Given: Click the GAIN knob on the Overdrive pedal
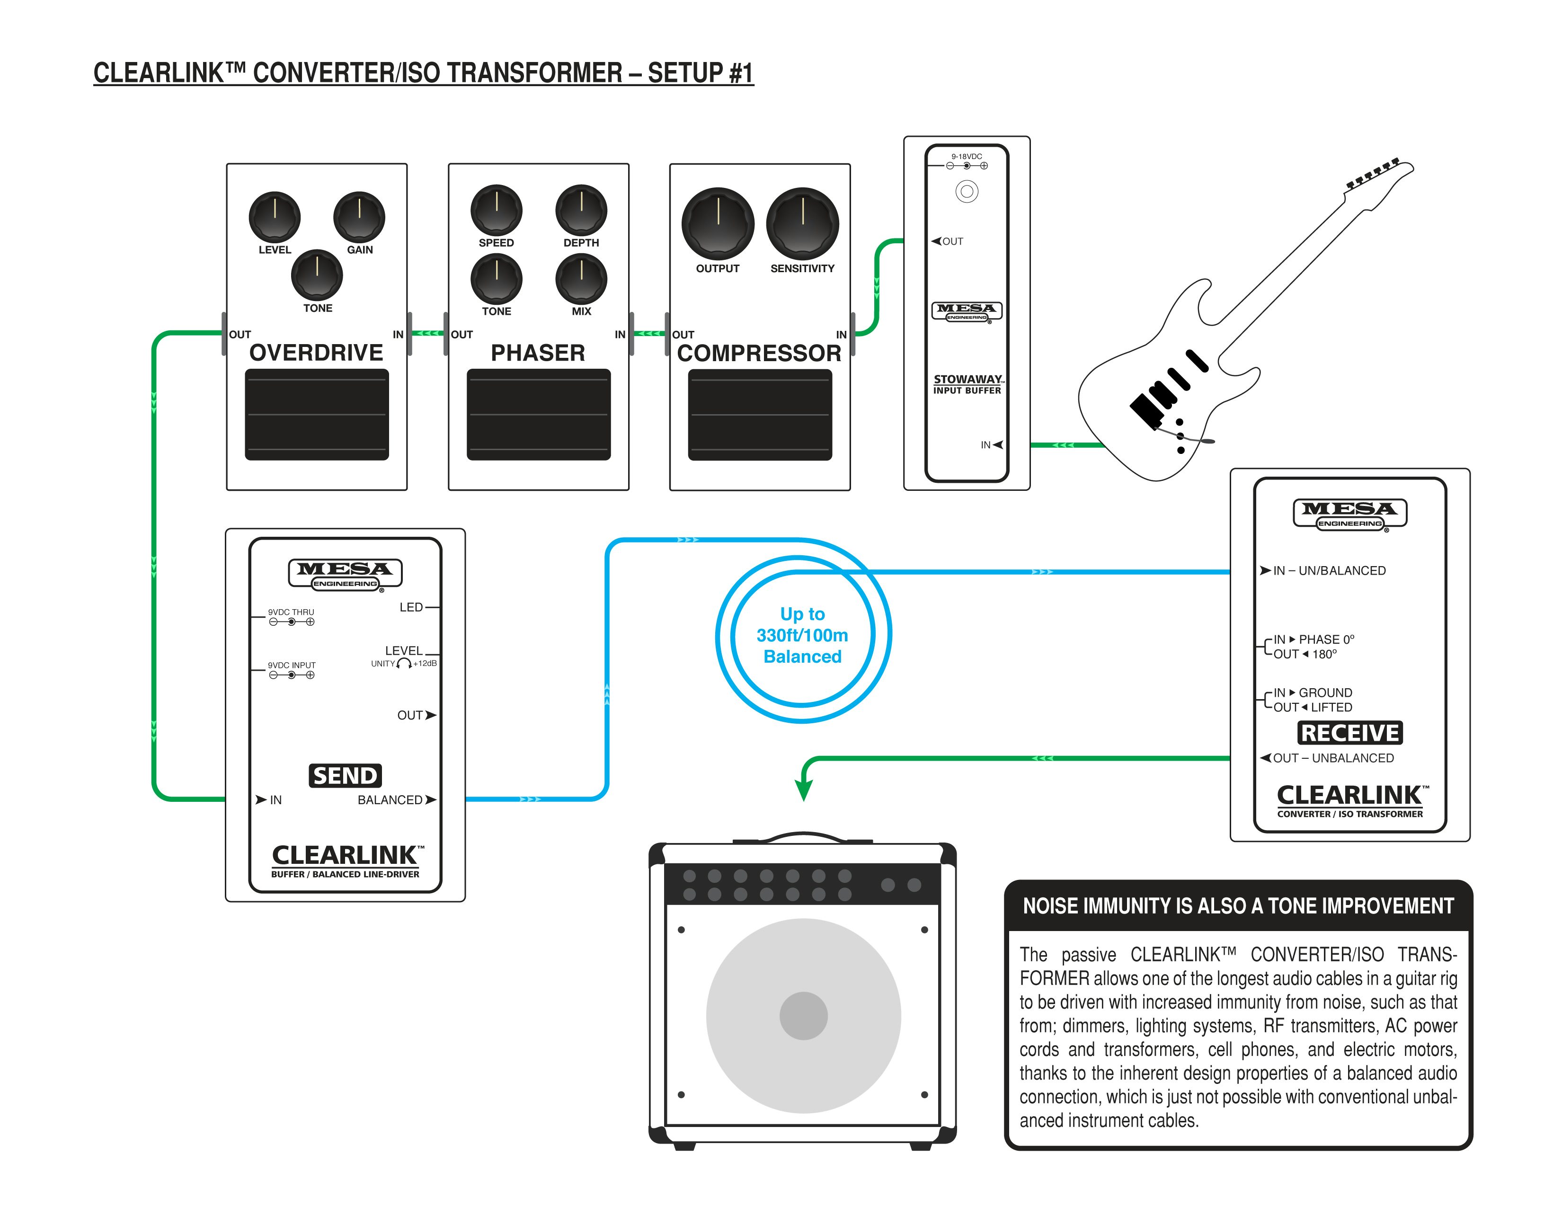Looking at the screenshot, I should pyautogui.click(x=359, y=217).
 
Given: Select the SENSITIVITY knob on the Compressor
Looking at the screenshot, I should pyautogui.click(x=802, y=223).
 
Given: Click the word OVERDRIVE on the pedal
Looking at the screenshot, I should pyautogui.click(x=316, y=353).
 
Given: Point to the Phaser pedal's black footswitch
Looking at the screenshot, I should pyautogui.click(x=539, y=414).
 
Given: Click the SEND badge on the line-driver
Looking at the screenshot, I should pyautogui.click(x=345, y=776).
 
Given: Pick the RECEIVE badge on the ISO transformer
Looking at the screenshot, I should pyautogui.click(x=1349, y=733).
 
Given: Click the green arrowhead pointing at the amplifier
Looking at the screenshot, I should pyautogui.click(x=803, y=790).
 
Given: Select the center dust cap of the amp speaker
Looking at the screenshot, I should pyautogui.click(x=803, y=1015).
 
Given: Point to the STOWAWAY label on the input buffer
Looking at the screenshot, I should pyautogui.click(x=967, y=380).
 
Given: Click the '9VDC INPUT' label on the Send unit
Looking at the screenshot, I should pyautogui.click(x=292, y=665).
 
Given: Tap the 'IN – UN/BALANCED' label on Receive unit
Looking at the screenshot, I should pyautogui.click(x=1329, y=571).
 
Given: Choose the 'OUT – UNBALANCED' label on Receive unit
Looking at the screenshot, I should pyautogui.click(x=1333, y=758).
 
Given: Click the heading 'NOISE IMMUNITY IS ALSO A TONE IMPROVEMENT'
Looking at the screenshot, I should pyautogui.click(x=1238, y=906).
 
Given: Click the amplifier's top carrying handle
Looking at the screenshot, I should pyautogui.click(x=803, y=836).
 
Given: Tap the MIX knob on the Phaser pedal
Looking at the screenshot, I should pyautogui.click(x=581, y=278).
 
